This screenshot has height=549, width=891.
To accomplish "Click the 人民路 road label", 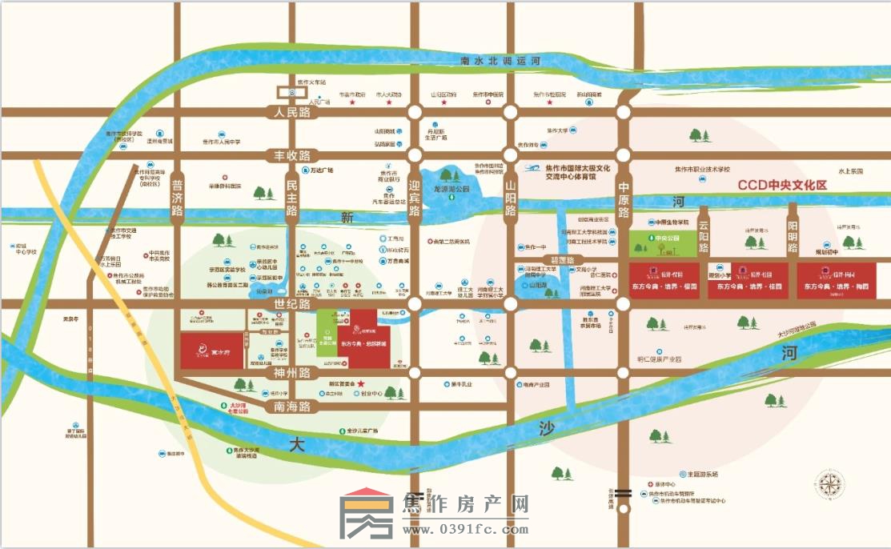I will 292,113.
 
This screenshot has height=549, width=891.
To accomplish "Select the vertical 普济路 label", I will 177,198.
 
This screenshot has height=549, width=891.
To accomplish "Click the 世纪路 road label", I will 291,305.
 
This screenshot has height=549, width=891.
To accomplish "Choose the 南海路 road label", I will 291,407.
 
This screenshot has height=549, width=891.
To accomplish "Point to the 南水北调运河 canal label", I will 502,61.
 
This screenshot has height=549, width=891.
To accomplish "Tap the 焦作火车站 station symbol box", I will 293,92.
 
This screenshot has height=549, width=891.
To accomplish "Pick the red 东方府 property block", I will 211,351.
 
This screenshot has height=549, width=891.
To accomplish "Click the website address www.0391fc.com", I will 466,529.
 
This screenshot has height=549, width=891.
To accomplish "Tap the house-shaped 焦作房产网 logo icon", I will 366,516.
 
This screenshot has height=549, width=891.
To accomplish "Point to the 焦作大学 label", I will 557,130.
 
